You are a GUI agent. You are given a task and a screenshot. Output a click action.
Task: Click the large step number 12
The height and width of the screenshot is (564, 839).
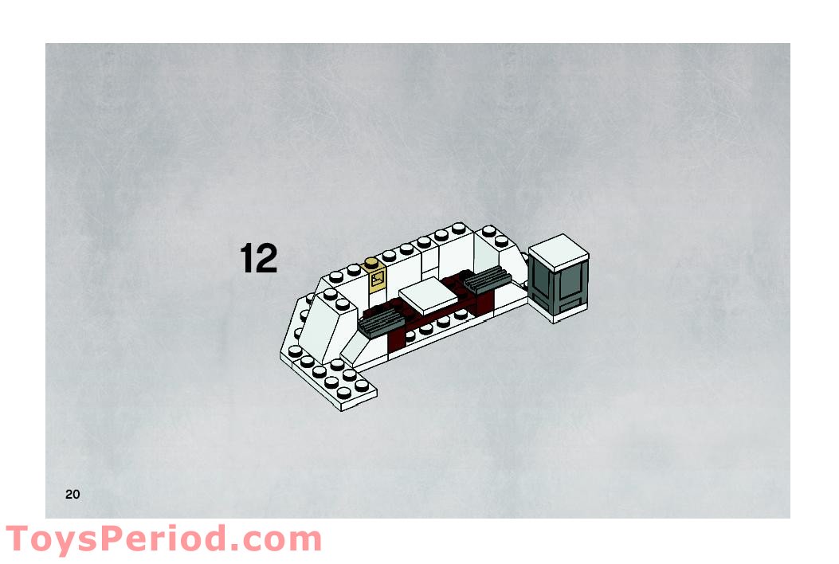tap(259, 259)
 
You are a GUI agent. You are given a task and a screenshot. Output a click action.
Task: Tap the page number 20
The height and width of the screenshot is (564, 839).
tap(73, 495)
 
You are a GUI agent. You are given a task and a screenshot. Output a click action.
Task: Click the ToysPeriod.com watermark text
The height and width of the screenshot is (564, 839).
tap(163, 540)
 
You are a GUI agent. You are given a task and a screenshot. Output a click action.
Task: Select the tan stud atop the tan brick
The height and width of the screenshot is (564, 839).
tap(370, 264)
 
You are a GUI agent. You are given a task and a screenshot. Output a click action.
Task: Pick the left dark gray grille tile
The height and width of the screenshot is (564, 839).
tap(381, 322)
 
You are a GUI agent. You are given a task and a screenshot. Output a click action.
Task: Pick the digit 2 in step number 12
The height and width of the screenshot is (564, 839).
tap(268, 259)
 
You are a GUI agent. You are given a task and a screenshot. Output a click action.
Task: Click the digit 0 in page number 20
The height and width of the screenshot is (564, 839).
tap(76, 495)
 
